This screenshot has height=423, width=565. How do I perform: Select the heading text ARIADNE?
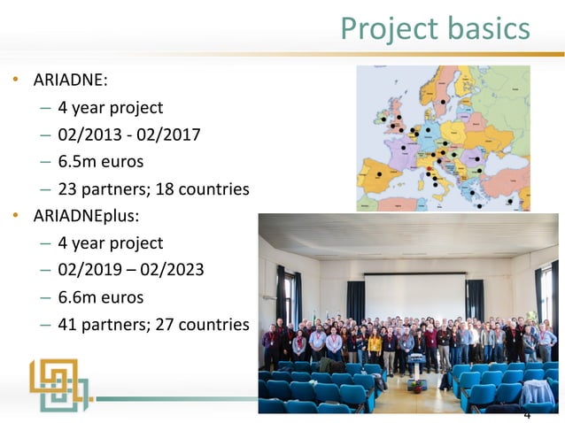[71, 81]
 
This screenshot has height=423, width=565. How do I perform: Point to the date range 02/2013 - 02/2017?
[129, 135]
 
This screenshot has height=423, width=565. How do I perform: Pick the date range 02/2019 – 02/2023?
[131, 270]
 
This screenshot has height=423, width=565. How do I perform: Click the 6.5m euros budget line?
[100, 162]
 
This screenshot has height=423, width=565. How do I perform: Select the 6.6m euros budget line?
[100, 296]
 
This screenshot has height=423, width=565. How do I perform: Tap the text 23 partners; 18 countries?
[153, 189]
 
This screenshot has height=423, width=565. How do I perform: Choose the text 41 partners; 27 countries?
[153, 325]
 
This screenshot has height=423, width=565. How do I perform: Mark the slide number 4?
[527, 415]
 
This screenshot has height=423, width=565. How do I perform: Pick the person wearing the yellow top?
[375, 347]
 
